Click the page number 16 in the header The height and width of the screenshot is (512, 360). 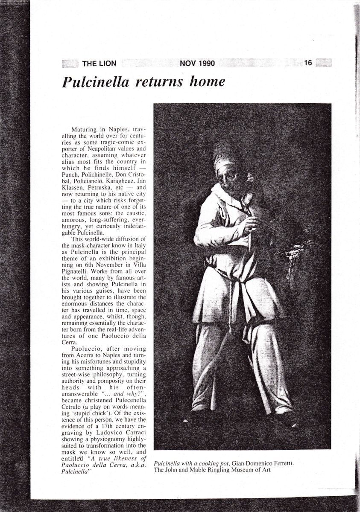pos(308,63)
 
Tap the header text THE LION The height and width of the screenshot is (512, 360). pos(99,64)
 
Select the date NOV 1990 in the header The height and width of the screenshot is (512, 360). pos(197,64)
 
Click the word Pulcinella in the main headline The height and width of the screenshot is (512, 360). pos(96,81)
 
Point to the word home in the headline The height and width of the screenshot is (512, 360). pos(208,81)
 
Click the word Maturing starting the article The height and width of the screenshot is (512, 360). pos(85,129)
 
